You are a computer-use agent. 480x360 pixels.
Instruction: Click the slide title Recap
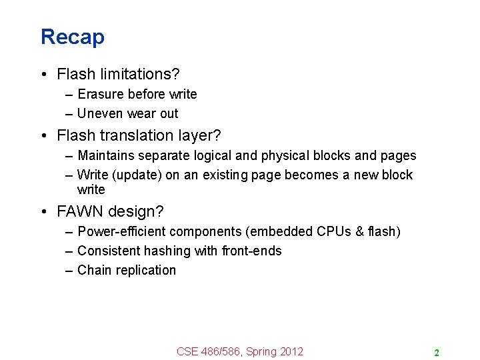point(72,37)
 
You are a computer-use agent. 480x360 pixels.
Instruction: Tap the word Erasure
point(101,94)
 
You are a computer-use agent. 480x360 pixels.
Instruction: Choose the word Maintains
point(105,155)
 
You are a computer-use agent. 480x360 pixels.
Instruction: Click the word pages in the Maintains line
point(398,155)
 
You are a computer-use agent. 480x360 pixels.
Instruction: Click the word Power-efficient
point(121,231)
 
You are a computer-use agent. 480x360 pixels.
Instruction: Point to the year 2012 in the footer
point(290,351)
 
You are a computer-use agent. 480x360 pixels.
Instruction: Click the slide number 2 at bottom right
point(436,353)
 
